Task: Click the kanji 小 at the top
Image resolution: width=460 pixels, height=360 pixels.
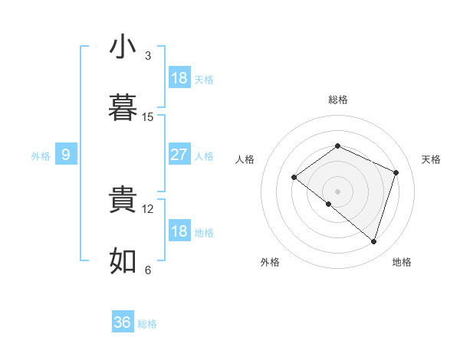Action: [x=123, y=47]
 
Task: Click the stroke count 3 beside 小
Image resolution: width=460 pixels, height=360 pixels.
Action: [x=147, y=56]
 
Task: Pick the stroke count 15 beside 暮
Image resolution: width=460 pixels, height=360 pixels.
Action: [x=148, y=117]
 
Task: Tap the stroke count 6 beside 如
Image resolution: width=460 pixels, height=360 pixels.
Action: [x=147, y=270]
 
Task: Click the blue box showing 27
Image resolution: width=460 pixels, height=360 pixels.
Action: [x=179, y=155]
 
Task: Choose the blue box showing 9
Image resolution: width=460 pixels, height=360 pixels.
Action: [x=66, y=155]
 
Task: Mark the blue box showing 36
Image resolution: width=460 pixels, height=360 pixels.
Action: [x=123, y=322]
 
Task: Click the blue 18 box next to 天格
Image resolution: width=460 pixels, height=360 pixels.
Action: [x=179, y=78]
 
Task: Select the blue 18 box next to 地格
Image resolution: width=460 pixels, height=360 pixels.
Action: [x=179, y=231]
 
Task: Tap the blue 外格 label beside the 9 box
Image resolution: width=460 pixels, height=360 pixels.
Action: [x=41, y=156]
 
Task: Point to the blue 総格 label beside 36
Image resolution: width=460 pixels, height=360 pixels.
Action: [x=147, y=324]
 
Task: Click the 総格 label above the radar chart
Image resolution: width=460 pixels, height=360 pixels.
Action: [x=338, y=100]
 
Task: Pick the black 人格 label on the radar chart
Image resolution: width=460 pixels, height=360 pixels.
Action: [x=245, y=159]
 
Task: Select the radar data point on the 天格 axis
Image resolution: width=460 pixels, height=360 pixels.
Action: [x=396, y=172]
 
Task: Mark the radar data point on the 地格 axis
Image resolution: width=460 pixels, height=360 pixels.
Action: [x=373, y=242]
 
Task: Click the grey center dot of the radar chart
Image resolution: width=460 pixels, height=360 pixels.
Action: [x=337, y=191]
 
